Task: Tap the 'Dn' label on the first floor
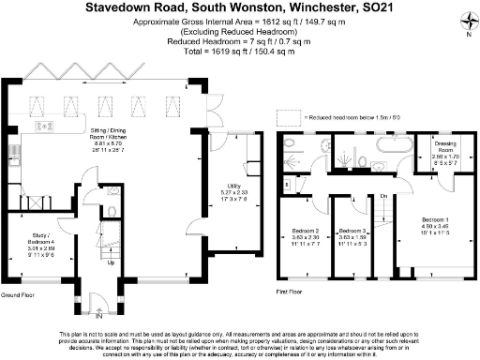[x=384, y=195]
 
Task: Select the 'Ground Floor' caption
[x=18, y=293]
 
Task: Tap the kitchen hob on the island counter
[x=43, y=126]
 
